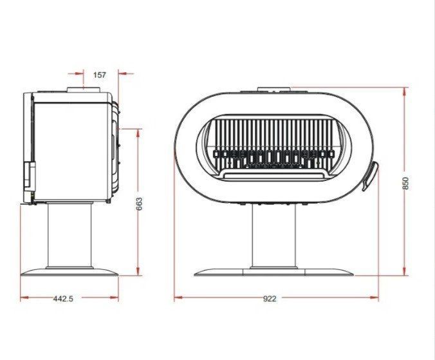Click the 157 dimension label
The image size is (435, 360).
(100, 75)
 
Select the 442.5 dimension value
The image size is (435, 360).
(63, 299)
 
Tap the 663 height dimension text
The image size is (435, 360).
(139, 204)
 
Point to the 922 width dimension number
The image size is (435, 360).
(270, 299)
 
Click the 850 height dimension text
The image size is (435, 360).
(405, 183)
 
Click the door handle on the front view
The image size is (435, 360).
(370, 176)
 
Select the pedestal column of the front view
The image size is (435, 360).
(273, 236)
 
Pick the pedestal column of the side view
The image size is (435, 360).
(69, 235)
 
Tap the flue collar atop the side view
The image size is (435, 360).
(84, 90)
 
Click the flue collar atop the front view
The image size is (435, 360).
(274, 89)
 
